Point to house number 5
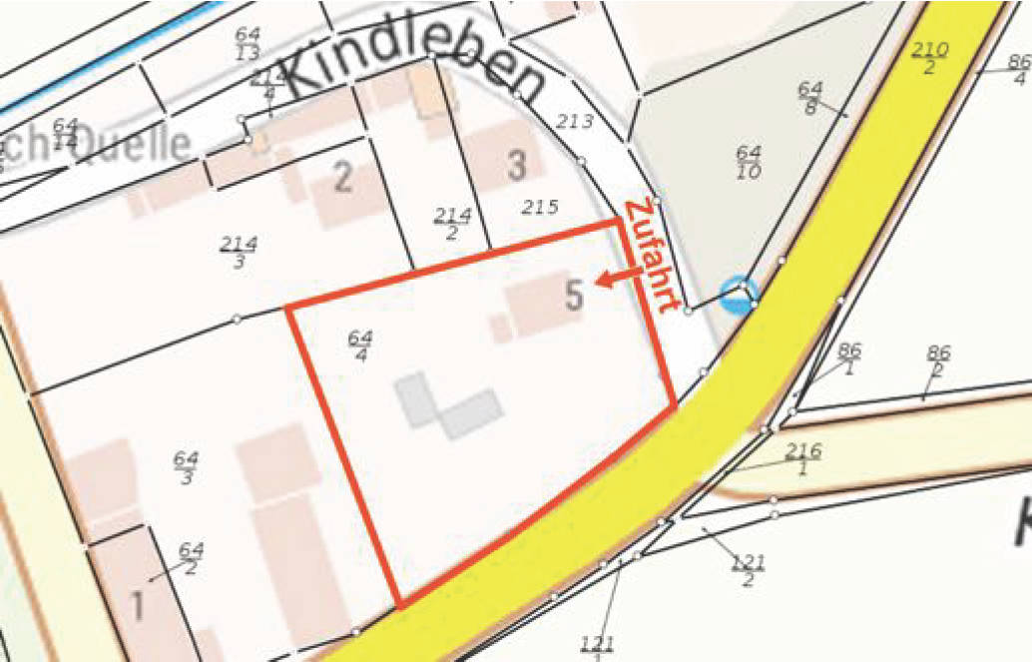point(574,295)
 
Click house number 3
point(516,165)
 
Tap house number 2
point(343,178)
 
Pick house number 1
point(137,605)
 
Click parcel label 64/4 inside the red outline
point(359,345)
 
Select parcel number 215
point(540,207)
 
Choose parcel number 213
point(574,122)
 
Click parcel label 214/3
point(240,253)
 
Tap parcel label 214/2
point(452,224)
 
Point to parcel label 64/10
point(749,161)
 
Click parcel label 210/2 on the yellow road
point(930,58)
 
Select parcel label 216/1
point(802,460)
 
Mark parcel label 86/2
point(938,361)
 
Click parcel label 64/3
point(186,467)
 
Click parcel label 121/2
point(748,571)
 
